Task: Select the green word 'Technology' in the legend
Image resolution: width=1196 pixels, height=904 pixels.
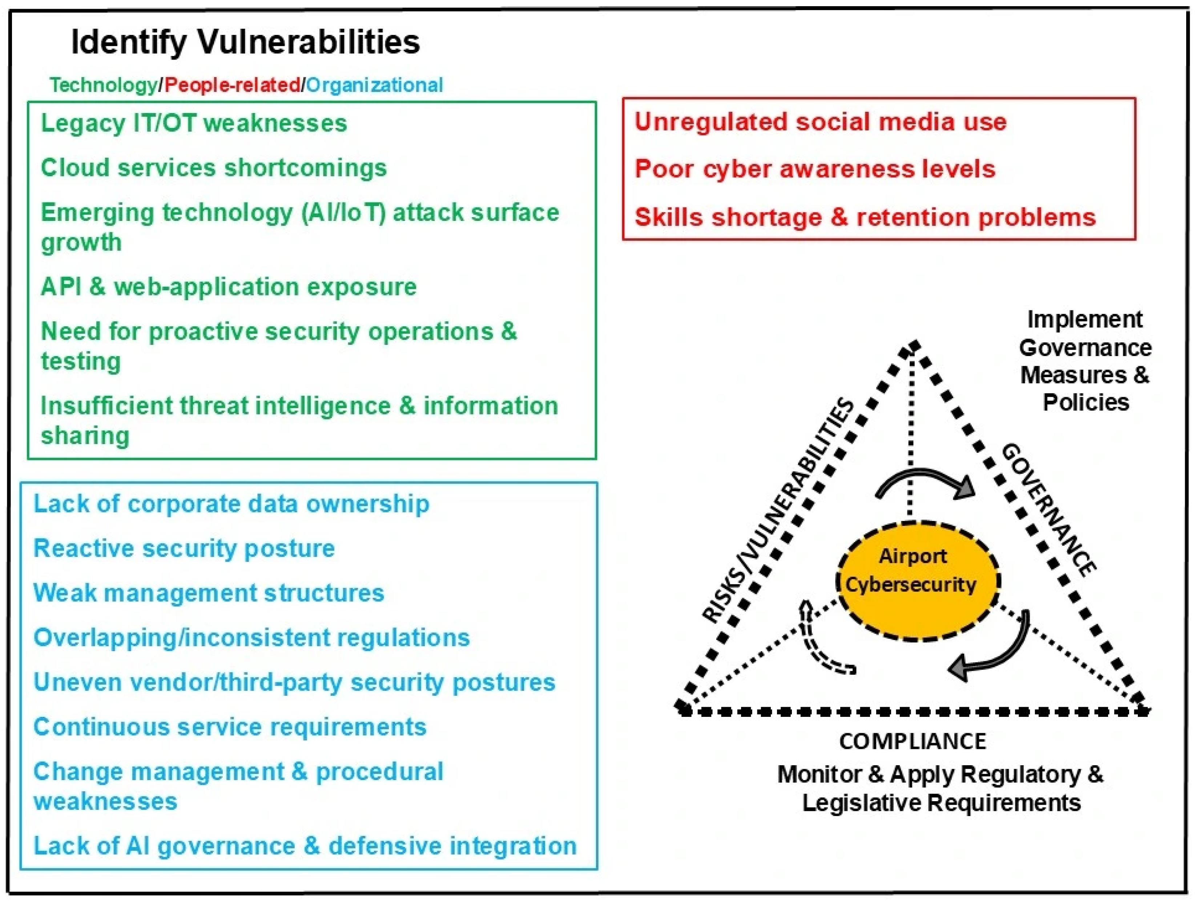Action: [103, 85]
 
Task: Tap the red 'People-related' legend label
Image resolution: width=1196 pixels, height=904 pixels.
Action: [233, 85]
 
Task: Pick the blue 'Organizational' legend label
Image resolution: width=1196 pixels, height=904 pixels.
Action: [374, 85]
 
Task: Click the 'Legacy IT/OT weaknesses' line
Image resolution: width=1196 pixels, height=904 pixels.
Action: [194, 123]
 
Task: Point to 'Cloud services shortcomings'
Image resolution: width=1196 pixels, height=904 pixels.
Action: [214, 168]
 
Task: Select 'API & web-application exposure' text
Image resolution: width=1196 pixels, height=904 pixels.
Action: [228, 287]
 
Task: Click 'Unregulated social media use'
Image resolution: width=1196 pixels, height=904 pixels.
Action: [820, 122]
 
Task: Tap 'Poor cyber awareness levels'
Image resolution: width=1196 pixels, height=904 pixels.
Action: [815, 169]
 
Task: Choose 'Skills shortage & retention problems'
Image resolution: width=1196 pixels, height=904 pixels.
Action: [865, 217]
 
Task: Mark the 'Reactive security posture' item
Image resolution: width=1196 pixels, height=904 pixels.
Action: [184, 548]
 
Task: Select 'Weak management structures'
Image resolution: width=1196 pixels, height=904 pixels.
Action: [208, 593]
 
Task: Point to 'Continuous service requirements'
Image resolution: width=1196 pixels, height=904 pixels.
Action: [230, 727]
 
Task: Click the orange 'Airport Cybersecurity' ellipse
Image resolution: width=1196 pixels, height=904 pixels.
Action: [918, 581]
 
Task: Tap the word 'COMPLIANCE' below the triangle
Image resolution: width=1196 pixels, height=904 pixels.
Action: [912, 741]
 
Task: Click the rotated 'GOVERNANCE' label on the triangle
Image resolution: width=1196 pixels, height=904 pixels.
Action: [1049, 509]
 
